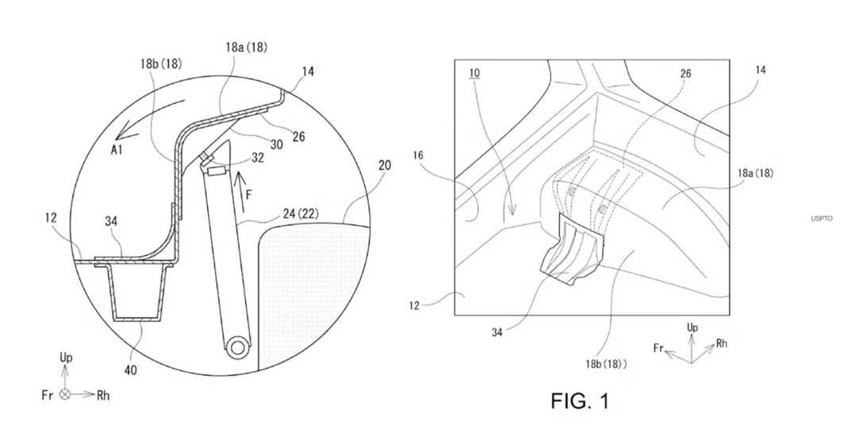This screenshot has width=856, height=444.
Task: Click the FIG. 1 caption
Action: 579,401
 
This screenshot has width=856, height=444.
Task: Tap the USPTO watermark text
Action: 822,219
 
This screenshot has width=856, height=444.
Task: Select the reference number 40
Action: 130,370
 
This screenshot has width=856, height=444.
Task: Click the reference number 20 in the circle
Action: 384,165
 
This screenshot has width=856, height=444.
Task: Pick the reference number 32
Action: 258,159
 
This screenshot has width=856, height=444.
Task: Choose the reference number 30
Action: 277,144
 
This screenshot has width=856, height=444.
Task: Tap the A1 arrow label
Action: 117,150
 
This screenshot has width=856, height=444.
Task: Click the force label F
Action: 249,195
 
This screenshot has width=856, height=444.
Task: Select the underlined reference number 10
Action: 474,73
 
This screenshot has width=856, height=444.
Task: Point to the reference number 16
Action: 418,156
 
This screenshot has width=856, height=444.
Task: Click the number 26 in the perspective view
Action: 685,73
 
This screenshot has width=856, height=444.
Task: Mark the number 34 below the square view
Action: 497,331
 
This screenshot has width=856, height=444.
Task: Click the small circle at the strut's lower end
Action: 237,347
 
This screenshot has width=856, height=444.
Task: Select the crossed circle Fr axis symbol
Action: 65,394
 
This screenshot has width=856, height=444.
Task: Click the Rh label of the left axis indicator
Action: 103,396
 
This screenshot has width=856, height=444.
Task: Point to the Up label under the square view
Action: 693,327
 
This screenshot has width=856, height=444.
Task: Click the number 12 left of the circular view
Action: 51,217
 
